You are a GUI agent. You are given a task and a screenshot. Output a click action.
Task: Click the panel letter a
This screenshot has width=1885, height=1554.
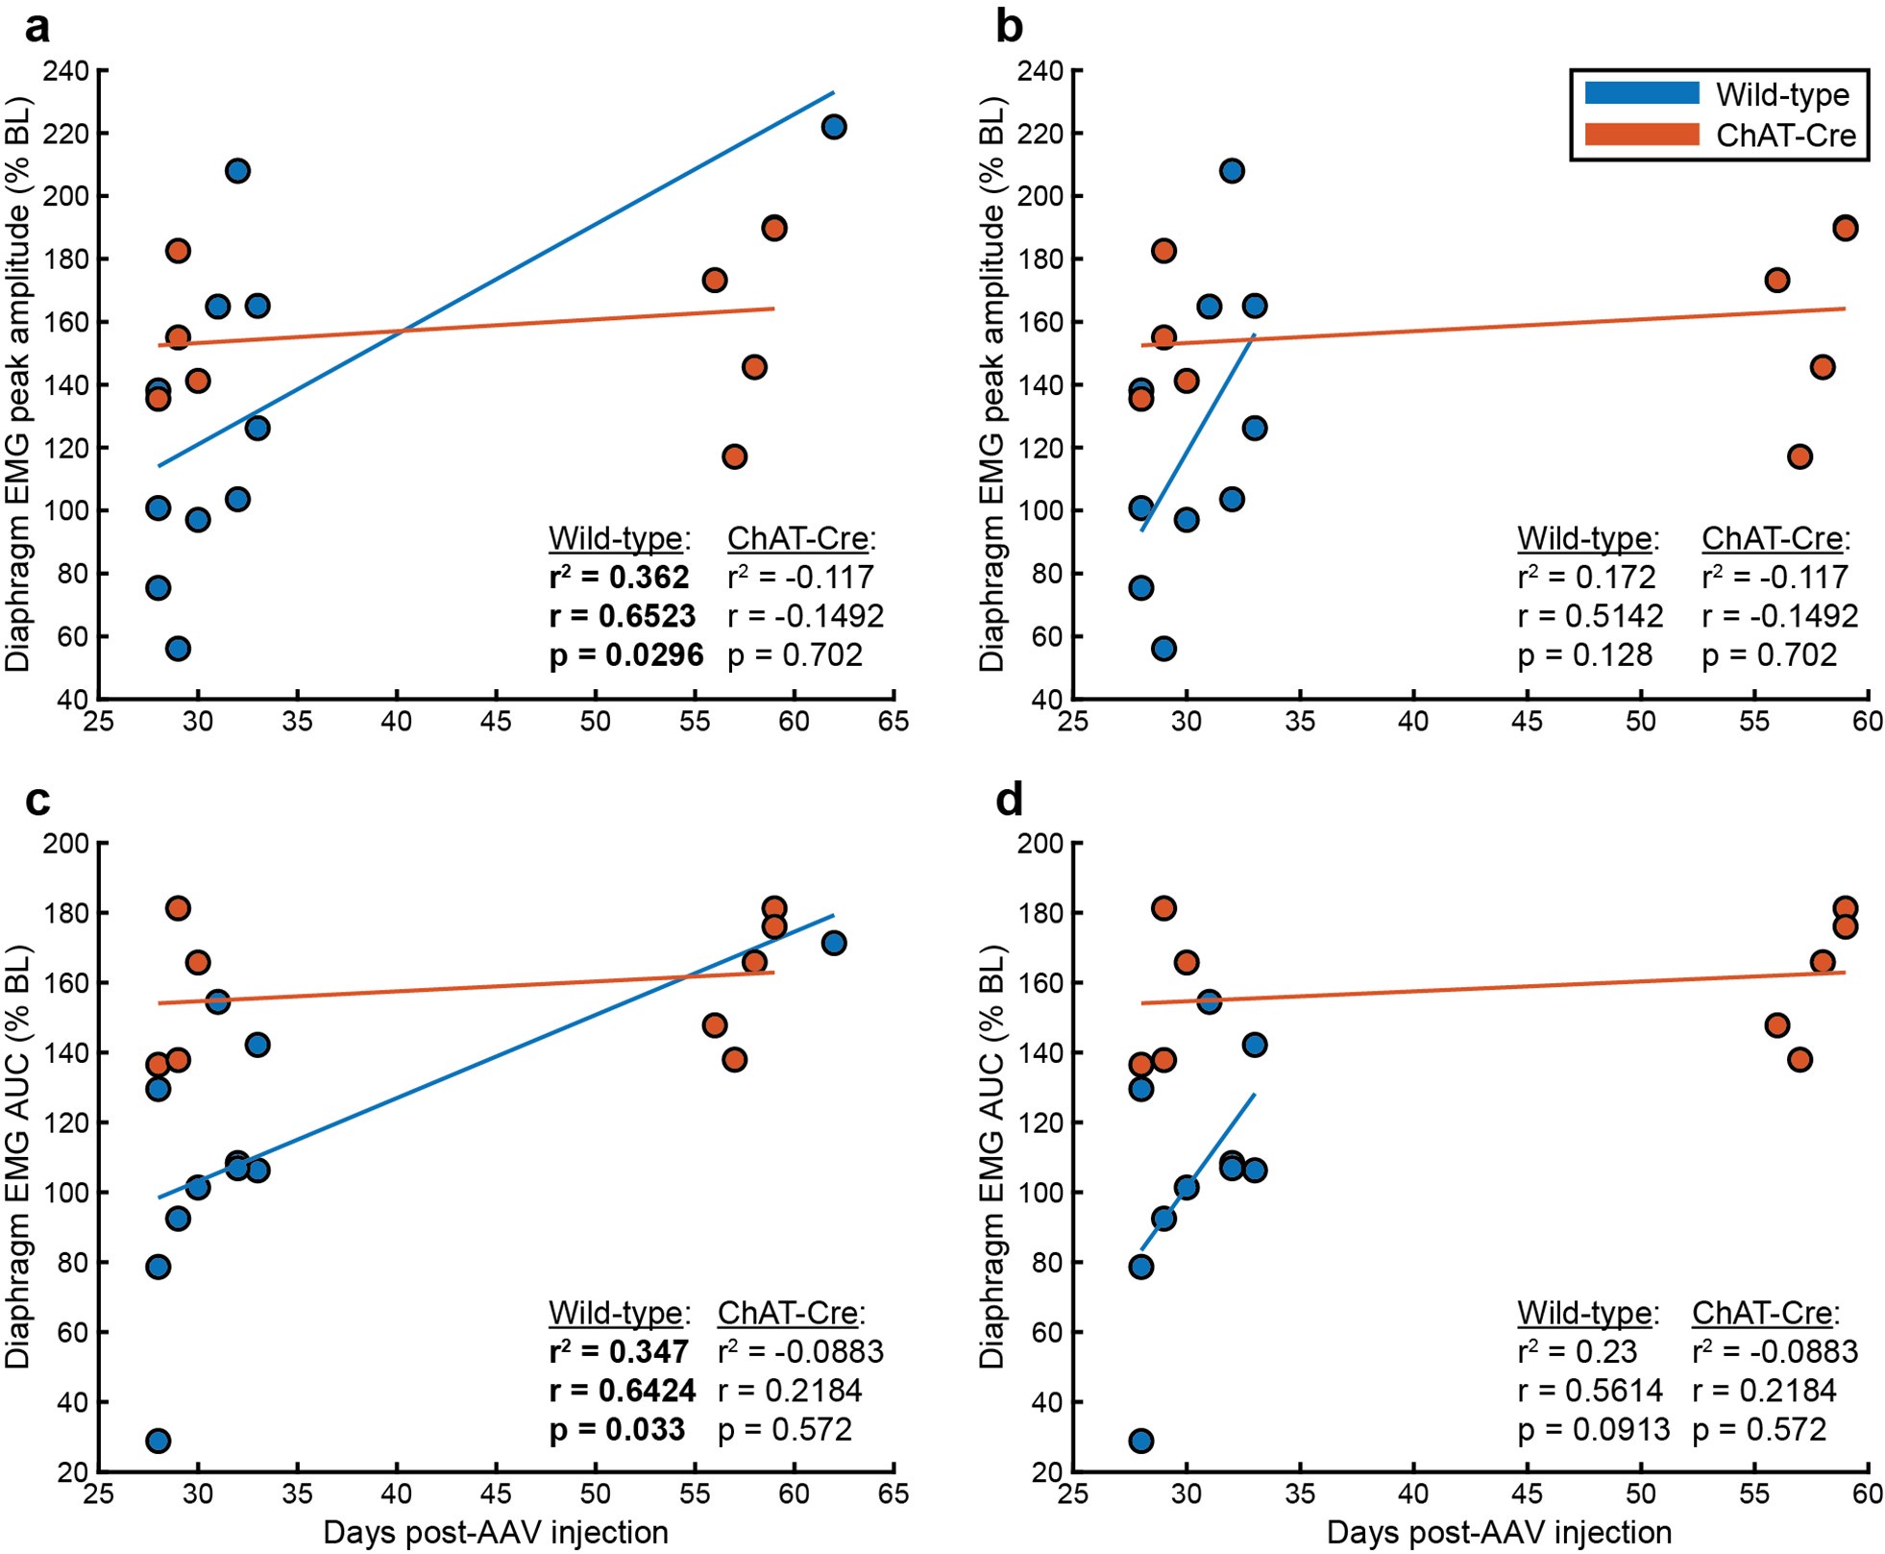click(37, 27)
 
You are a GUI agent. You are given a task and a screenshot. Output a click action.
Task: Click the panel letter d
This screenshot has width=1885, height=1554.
click(1009, 800)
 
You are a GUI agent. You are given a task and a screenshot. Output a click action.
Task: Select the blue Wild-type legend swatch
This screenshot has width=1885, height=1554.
click(1641, 93)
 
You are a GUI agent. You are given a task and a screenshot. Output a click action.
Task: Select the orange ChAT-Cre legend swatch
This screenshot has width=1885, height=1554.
click(1641, 135)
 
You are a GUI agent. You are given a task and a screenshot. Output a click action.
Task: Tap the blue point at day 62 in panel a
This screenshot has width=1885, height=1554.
click(834, 127)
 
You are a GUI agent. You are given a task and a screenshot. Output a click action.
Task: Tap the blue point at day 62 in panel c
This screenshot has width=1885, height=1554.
click(834, 943)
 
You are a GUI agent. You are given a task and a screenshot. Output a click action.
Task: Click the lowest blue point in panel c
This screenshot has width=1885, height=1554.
click(159, 1441)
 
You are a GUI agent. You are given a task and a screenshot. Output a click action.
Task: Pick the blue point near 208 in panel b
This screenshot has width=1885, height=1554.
click(1232, 171)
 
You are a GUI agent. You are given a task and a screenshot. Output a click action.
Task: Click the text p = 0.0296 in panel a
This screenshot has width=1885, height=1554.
click(625, 655)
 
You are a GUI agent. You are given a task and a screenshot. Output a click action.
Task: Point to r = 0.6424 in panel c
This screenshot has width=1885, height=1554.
click(622, 1391)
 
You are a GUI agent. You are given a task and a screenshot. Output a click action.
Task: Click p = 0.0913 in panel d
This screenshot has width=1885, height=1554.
click(1593, 1430)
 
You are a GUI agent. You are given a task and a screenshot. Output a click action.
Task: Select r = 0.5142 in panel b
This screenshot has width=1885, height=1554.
click(1590, 616)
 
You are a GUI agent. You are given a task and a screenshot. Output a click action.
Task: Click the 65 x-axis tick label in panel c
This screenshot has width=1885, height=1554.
click(894, 1493)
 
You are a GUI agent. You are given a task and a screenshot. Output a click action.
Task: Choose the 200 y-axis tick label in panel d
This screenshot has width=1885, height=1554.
click(1040, 844)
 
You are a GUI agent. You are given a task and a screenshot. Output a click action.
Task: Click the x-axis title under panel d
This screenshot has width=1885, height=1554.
click(1499, 1532)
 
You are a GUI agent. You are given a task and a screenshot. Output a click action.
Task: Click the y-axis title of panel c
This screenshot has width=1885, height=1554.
click(19, 1157)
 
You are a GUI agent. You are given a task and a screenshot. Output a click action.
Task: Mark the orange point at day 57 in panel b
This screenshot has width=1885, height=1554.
click(1799, 456)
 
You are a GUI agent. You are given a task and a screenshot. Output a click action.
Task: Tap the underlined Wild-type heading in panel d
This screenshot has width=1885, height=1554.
click(1587, 1313)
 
